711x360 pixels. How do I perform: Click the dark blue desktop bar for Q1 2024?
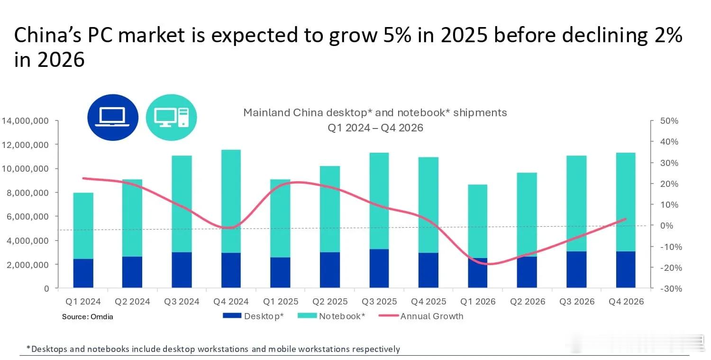click(83, 273)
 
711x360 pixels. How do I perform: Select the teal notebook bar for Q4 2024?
click(231, 201)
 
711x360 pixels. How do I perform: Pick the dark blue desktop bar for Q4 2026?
click(625, 269)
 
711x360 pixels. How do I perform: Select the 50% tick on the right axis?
click(669, 121)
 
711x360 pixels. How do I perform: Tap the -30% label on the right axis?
click(669, 288)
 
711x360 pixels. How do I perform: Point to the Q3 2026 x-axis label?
click(576, 302)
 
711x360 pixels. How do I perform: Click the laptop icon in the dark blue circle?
click(113, 117)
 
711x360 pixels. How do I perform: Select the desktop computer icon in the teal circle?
click(171, 117)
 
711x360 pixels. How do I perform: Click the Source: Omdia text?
click(88, 316)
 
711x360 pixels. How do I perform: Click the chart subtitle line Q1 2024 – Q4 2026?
click(375, 128)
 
